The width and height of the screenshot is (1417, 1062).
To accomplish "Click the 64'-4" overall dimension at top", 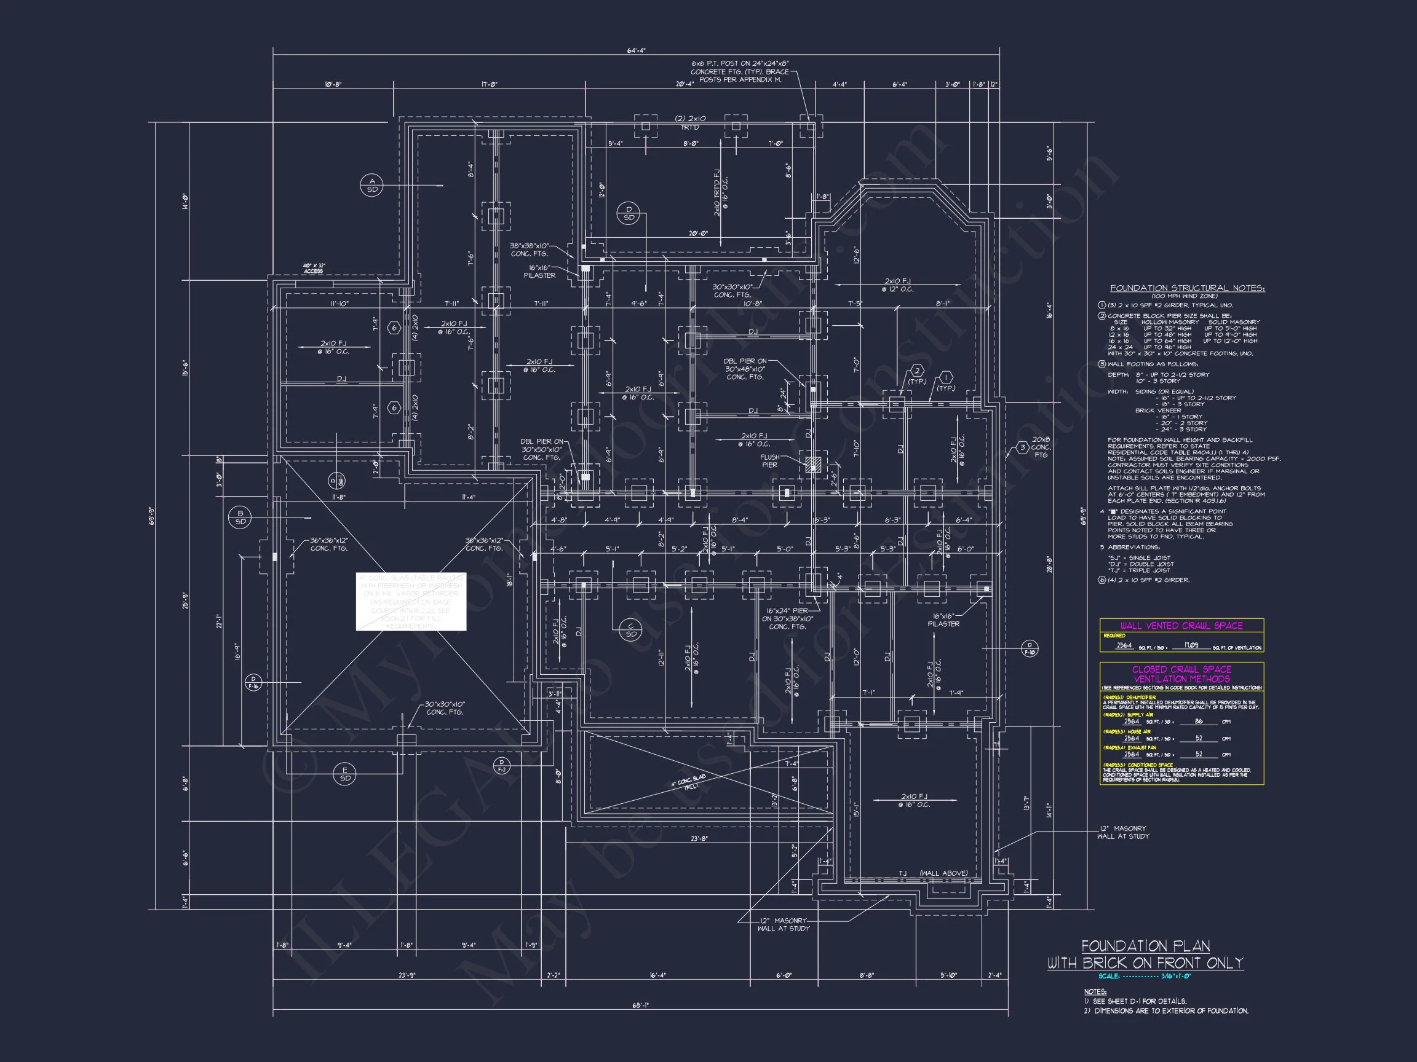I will click(636, 50).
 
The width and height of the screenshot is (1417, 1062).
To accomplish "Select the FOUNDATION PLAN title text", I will click(1145, 946).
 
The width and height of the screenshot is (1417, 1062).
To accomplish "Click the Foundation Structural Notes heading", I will click(1187, 289).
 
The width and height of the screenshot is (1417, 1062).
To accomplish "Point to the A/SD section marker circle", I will click(372, 186).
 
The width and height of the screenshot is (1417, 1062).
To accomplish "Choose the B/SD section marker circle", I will click(240, 517).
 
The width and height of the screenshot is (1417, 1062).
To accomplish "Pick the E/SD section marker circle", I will click(345, 774).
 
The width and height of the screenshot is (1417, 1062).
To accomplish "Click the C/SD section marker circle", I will click(631, 630).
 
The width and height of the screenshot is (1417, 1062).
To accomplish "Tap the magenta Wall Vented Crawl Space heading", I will click(1181, 626).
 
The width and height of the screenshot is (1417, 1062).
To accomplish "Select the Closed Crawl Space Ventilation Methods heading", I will click(1181, 674).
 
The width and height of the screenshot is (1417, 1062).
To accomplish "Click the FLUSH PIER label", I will click(769, 461).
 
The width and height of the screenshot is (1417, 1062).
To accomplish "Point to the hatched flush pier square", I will click(813, 464).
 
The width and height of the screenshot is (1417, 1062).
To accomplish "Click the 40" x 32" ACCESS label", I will click(314, 268).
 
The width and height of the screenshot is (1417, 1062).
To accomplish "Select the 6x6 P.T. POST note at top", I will click(740, 72).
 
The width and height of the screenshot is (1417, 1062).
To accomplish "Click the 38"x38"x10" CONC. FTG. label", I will click(529, 250).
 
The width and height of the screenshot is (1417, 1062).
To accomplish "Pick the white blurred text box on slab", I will click(411, 602).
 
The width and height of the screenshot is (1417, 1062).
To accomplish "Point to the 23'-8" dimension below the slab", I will click(699, 838).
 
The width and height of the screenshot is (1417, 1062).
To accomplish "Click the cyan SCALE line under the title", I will click(1144, 977).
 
